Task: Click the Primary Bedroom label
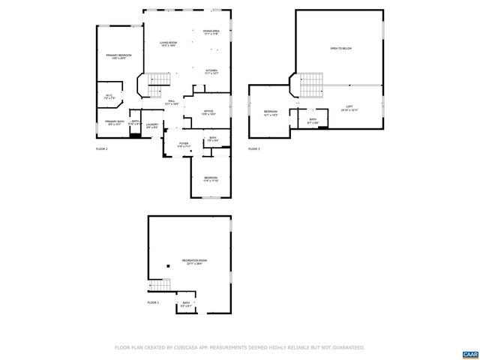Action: point(118,56)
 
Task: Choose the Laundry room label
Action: point(152,126)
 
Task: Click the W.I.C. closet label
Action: point(109,96)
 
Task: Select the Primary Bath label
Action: point(115,122)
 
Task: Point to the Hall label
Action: point(172,102)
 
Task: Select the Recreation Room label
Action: point(194,262)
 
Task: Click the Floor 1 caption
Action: point(153,302)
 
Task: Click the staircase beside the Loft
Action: point(311,85)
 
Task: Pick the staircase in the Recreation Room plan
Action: point(160,286)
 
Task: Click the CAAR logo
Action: point(469,353)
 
